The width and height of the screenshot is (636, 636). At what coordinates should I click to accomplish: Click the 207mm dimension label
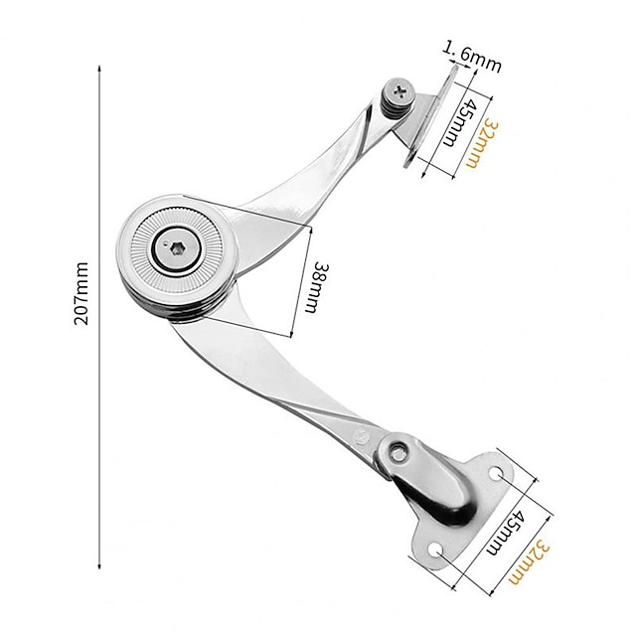tap(81, 293)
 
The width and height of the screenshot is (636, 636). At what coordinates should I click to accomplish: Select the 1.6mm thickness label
tap(471, 57)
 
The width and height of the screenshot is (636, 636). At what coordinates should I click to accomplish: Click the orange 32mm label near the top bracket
tap(481, 143)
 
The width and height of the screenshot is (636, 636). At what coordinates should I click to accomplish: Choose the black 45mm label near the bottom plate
tap(506, 533)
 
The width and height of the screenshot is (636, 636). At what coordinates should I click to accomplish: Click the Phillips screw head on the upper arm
tap(400, 90)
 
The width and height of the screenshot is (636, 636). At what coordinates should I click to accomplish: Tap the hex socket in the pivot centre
tap(177, 250)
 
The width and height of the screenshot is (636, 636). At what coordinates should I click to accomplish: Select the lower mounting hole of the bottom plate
tap(436, 551)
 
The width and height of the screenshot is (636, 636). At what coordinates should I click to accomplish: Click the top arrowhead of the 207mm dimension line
tap(99, 69)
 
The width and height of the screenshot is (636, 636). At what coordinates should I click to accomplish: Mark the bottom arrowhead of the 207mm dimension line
tap(99, 565)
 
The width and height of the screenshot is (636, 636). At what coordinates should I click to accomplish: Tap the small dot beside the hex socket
tap(165, 244)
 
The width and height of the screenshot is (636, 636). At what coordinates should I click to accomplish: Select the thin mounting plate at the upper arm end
tap(430, 115)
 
